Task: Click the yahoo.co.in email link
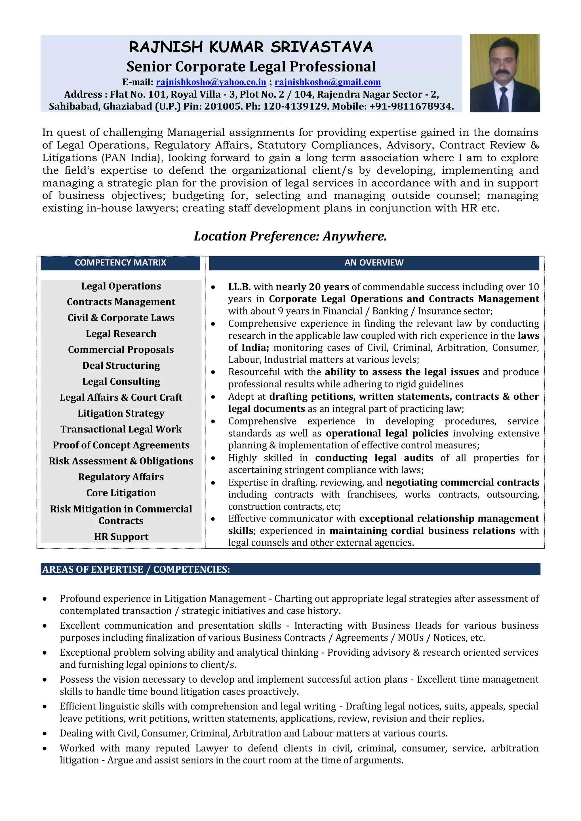click(211, 82)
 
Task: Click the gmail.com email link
click(327, 82)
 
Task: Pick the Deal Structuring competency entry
click(121, 366)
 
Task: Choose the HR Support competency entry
click(121, 537)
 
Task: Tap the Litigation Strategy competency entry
click(121, 413)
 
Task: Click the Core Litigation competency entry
click(121, 493)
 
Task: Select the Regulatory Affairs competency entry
click(121, 477)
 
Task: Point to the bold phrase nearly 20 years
click(312, 287)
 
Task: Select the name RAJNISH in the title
click(166, 47)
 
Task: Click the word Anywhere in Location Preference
click(354, 236)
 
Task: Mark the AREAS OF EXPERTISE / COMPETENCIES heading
click(136, 569)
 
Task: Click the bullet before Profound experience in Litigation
click(45, 599)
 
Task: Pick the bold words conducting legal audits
click(374, 458)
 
